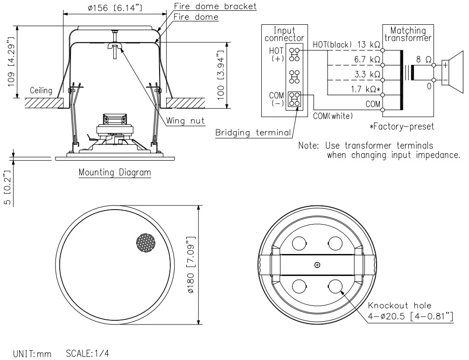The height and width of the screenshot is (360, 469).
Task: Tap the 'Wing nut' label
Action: [x=186, y=121]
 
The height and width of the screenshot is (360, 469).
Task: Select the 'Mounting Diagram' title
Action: [x=115, y=172]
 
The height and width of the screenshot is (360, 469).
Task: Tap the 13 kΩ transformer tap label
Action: [x=367, y=45]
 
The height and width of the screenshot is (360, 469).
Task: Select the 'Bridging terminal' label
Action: [x=252, y=133]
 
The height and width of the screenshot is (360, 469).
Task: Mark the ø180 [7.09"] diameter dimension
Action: [x=191, y=264]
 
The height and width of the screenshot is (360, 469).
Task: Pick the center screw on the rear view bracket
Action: [x=317, y=265]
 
